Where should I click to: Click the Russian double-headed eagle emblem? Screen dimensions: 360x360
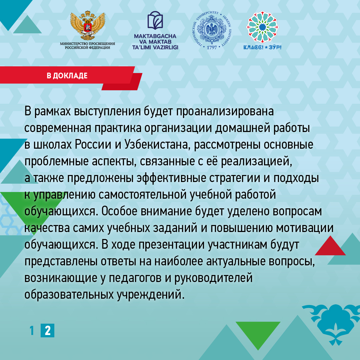pyautogui.click(x=87, y=25)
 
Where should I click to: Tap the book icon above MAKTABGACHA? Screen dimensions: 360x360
pyautogui.click(x=155, y=20)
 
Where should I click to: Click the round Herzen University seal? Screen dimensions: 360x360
pyautogui.click(x=212, y=30)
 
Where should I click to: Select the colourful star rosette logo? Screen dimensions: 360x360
pyautogui.click(x=262, y=27)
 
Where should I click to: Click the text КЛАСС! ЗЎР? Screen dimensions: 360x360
pyautogui.click(x=262, y=47)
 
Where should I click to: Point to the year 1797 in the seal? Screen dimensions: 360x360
pyautogui.click(x=212, y=47)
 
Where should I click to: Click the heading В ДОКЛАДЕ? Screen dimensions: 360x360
pyautogui.click(x=67, y=76)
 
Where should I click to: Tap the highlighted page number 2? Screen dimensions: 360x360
pyautogui.click(x=48, y=330)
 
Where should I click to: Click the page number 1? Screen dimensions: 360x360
pyautogui.click(x=32, y=330)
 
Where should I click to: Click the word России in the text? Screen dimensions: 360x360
pyautogui.click(x=93, y=145)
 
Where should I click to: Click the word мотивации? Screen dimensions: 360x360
pyautogui.click(x=305, y=228)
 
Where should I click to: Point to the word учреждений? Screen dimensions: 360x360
pyautogui.click(x=150, y=295)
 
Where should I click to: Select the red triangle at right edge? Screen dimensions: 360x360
pyautogui.click(x=330, y=247)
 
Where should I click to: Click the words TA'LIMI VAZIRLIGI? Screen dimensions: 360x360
pyautogui.click(x=155, y=48)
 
